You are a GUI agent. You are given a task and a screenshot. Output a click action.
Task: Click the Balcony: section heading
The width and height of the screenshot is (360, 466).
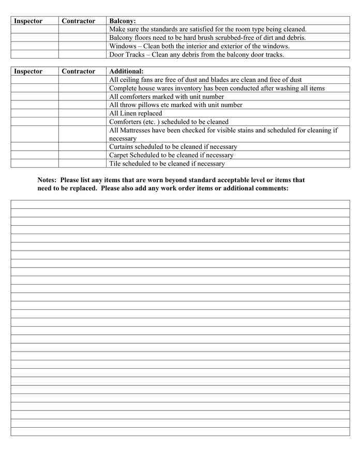[123, 21]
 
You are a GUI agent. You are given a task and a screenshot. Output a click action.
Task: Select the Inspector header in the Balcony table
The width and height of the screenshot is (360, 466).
[28, 21]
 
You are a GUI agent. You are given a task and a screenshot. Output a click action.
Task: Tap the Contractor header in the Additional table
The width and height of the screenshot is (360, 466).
[78, 71]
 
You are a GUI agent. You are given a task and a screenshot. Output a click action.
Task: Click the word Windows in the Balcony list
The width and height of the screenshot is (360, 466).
[123, 46]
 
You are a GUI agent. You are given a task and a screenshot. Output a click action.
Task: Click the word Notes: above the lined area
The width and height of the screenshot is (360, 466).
[47, 180]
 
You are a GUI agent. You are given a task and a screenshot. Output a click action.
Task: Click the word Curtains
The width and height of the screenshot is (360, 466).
[122, 147]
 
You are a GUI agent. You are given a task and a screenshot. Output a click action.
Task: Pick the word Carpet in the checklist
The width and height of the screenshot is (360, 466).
[119, 155]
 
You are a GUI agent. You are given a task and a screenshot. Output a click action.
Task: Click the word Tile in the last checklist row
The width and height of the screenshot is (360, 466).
[115, 164]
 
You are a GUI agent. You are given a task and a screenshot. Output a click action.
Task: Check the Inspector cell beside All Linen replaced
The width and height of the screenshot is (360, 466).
[34, 113]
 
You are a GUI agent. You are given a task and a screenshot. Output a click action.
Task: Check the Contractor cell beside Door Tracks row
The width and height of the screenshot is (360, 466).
[82, 54]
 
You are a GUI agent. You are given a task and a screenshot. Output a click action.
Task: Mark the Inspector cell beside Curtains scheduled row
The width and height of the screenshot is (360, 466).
[34, 147]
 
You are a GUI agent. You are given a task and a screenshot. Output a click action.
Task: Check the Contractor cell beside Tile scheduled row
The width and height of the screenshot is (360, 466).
[82, 164]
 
